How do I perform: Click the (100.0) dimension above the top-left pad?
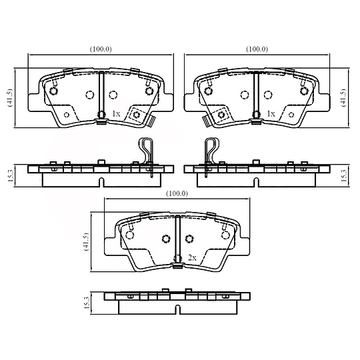100,49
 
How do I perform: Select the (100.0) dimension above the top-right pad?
257,49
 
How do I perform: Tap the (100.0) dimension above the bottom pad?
177,193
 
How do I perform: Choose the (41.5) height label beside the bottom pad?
85,243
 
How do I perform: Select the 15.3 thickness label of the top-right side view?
344,175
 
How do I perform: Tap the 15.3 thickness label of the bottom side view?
85,304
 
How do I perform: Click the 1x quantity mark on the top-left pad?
115,114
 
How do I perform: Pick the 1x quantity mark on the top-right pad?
270,114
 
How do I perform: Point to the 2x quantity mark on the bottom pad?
191,257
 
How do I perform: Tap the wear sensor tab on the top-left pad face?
141,117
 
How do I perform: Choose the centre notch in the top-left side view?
100,181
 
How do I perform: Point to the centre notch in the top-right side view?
256,181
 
